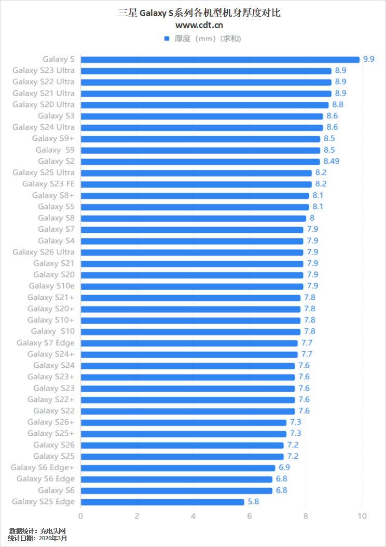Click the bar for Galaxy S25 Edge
click(162, 502)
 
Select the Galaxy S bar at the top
click(220, 59)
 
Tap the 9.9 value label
click(368, 59)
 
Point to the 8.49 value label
click(332, 161)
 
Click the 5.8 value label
click(253, 502)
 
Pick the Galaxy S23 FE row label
click(48, 184)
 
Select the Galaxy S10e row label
click(51, 286)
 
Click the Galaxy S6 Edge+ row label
click(43, 468)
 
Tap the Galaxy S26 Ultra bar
click(192, 252)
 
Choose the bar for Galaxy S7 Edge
click(189, 343)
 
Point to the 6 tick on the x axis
click(250, 516)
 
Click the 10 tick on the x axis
click(362, 516)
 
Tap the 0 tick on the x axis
click(80, 516)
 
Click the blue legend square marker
click(167, 38)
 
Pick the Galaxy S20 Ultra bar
click(204, 104)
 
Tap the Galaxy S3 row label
click(56, 116)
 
